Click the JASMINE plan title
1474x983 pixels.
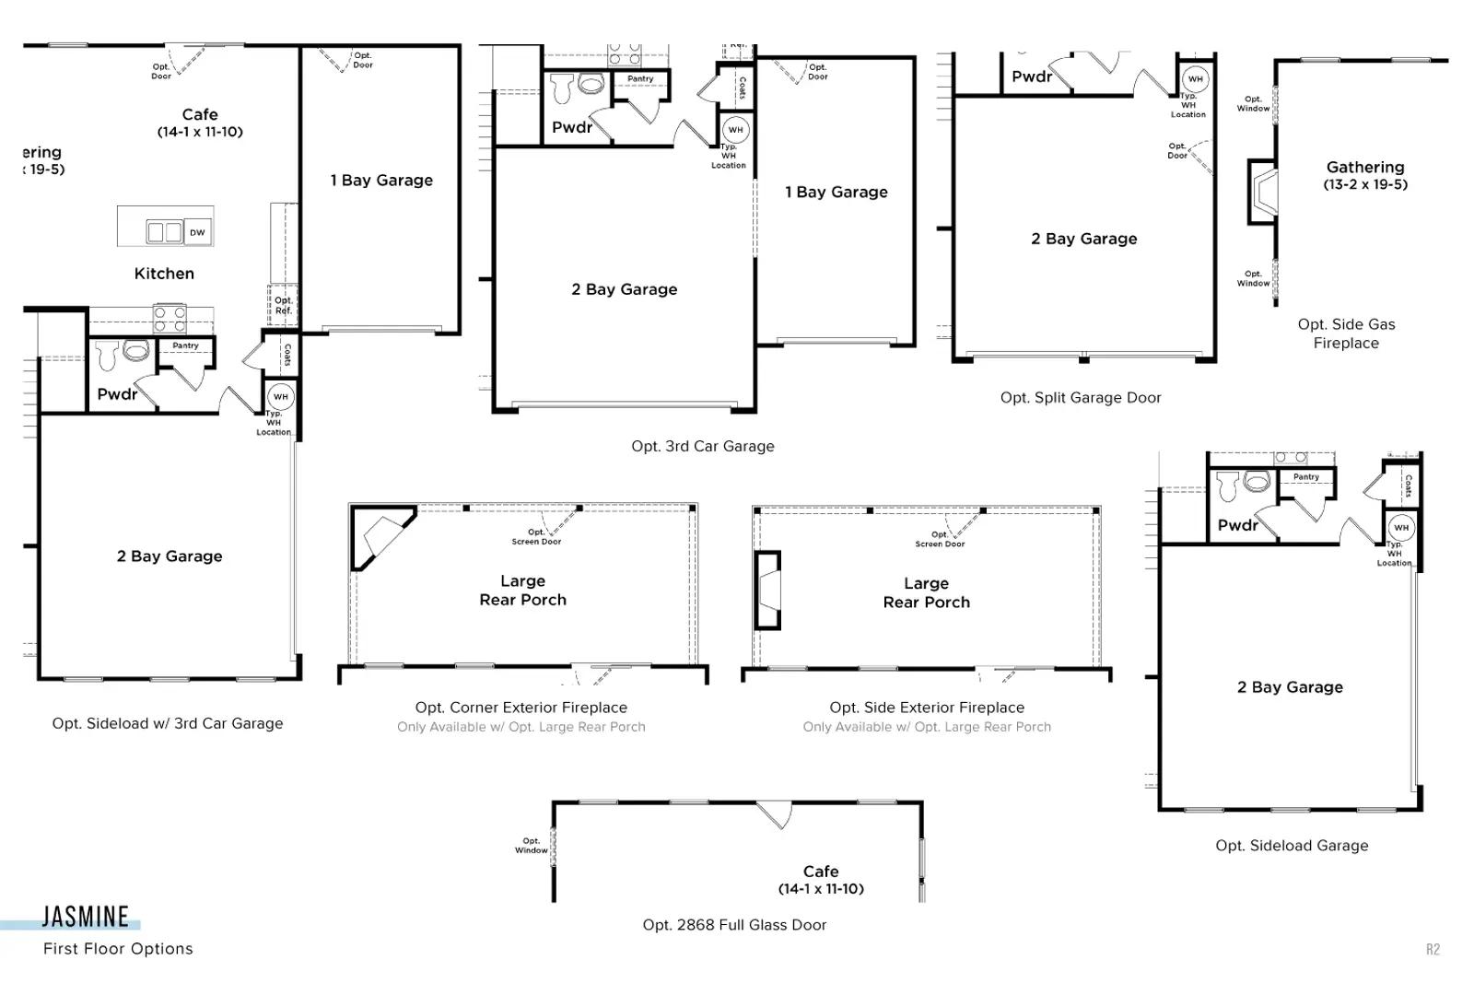(86, 917)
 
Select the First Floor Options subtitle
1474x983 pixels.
(119, 949)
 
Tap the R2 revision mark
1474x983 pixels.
(1433, 950)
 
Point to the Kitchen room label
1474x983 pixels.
(165, 274)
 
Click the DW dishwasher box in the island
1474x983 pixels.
(197, 232)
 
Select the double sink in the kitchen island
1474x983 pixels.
(165, 232)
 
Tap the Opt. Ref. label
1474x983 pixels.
(284, 305)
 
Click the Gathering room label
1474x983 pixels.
(1365, 167)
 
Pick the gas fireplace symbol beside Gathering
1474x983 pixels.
(1262, 193)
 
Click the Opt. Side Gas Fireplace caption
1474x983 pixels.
(1346, 334)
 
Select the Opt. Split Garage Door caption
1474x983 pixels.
(1081, 397)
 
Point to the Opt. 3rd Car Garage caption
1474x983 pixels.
(703, 446)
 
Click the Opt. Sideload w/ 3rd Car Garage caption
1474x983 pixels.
(168, 723)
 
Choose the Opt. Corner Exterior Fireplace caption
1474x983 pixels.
(521, 708)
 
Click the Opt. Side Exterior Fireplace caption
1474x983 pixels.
(927, 708)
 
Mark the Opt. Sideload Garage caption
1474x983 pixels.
(1292, 846)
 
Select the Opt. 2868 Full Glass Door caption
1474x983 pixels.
(734, 925)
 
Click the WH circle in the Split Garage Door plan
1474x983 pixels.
(1196, 79)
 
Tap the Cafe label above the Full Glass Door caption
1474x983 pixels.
(821, 872)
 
